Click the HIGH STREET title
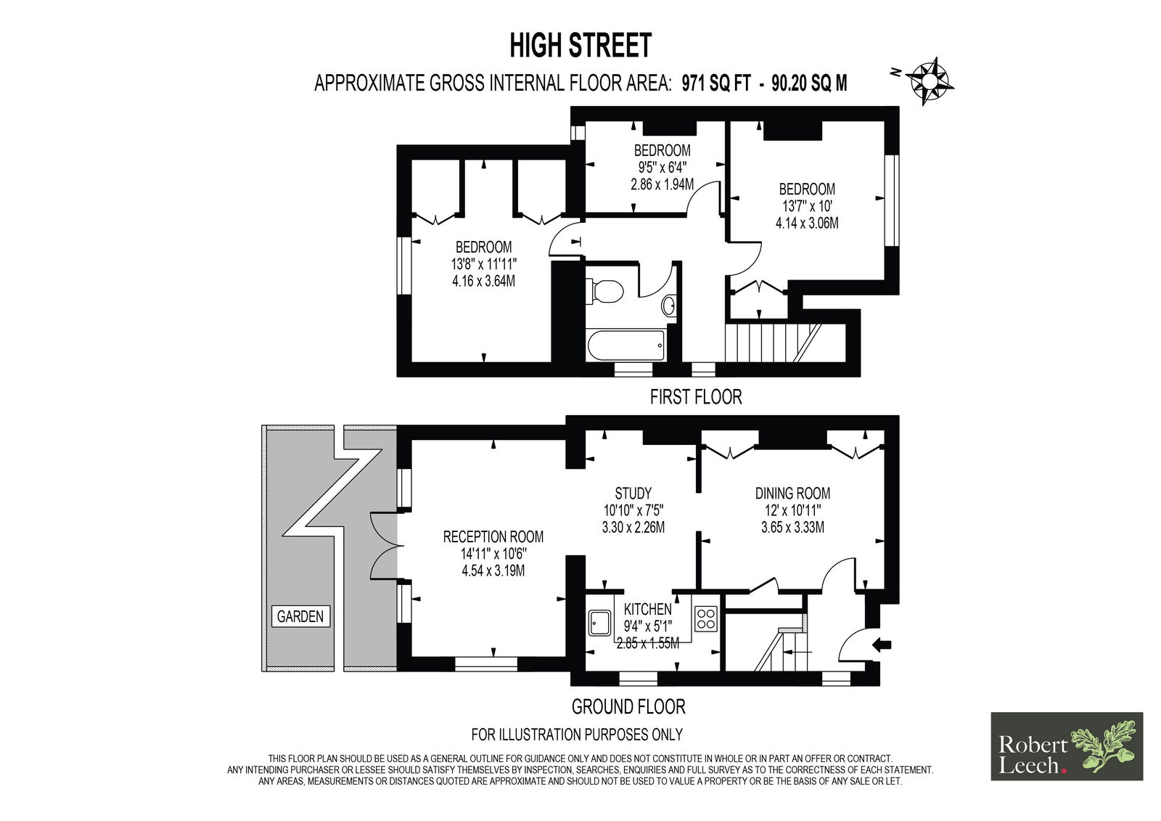580,45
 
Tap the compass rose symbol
930,81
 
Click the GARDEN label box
300,616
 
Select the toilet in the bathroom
604,291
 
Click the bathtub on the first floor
626,345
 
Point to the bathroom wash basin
668,306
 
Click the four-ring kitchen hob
705,618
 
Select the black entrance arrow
882,645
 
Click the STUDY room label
633,493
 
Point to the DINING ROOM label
792,493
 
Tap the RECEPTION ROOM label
493,536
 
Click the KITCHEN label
648,609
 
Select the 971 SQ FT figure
715,83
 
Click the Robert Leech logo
1067,746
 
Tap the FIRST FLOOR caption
696,397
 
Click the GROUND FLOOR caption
628,706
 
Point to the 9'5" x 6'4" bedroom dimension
662,168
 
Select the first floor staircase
772,343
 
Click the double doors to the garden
385,546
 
